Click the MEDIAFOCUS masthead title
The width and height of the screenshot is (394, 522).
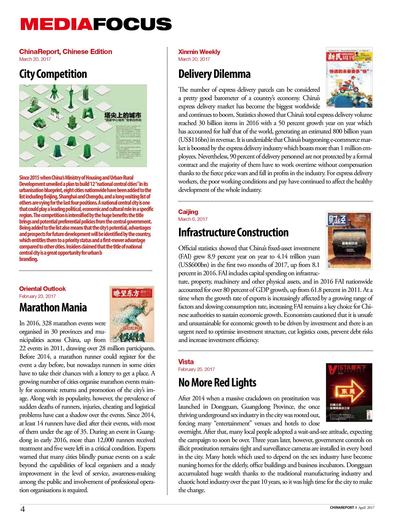click(96, 24)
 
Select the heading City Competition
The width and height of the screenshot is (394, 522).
click(53, 74)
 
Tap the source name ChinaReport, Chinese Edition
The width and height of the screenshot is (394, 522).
click(65, 52)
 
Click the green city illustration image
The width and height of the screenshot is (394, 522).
click(83, 126)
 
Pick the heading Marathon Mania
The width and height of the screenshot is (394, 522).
click(53, 307)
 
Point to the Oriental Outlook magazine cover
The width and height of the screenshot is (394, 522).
click(132, 314)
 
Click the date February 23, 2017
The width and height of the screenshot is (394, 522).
click(38, 296)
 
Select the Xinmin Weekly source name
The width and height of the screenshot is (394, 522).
click(199, 52)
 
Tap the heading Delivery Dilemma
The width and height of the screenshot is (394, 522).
click(215, 74)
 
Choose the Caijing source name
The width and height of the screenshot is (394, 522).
click(188, 212)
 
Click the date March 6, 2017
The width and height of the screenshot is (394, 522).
click(193, 219)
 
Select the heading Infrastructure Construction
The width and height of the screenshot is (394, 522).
click(233, 232)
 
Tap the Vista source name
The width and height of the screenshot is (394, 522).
click(186, 362)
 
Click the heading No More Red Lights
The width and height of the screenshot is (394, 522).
click(217, 383)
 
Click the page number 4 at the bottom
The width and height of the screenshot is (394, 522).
click(23, 509)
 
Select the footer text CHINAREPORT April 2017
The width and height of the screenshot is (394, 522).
click(352, 508)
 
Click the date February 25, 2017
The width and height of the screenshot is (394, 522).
click(197, 369)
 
